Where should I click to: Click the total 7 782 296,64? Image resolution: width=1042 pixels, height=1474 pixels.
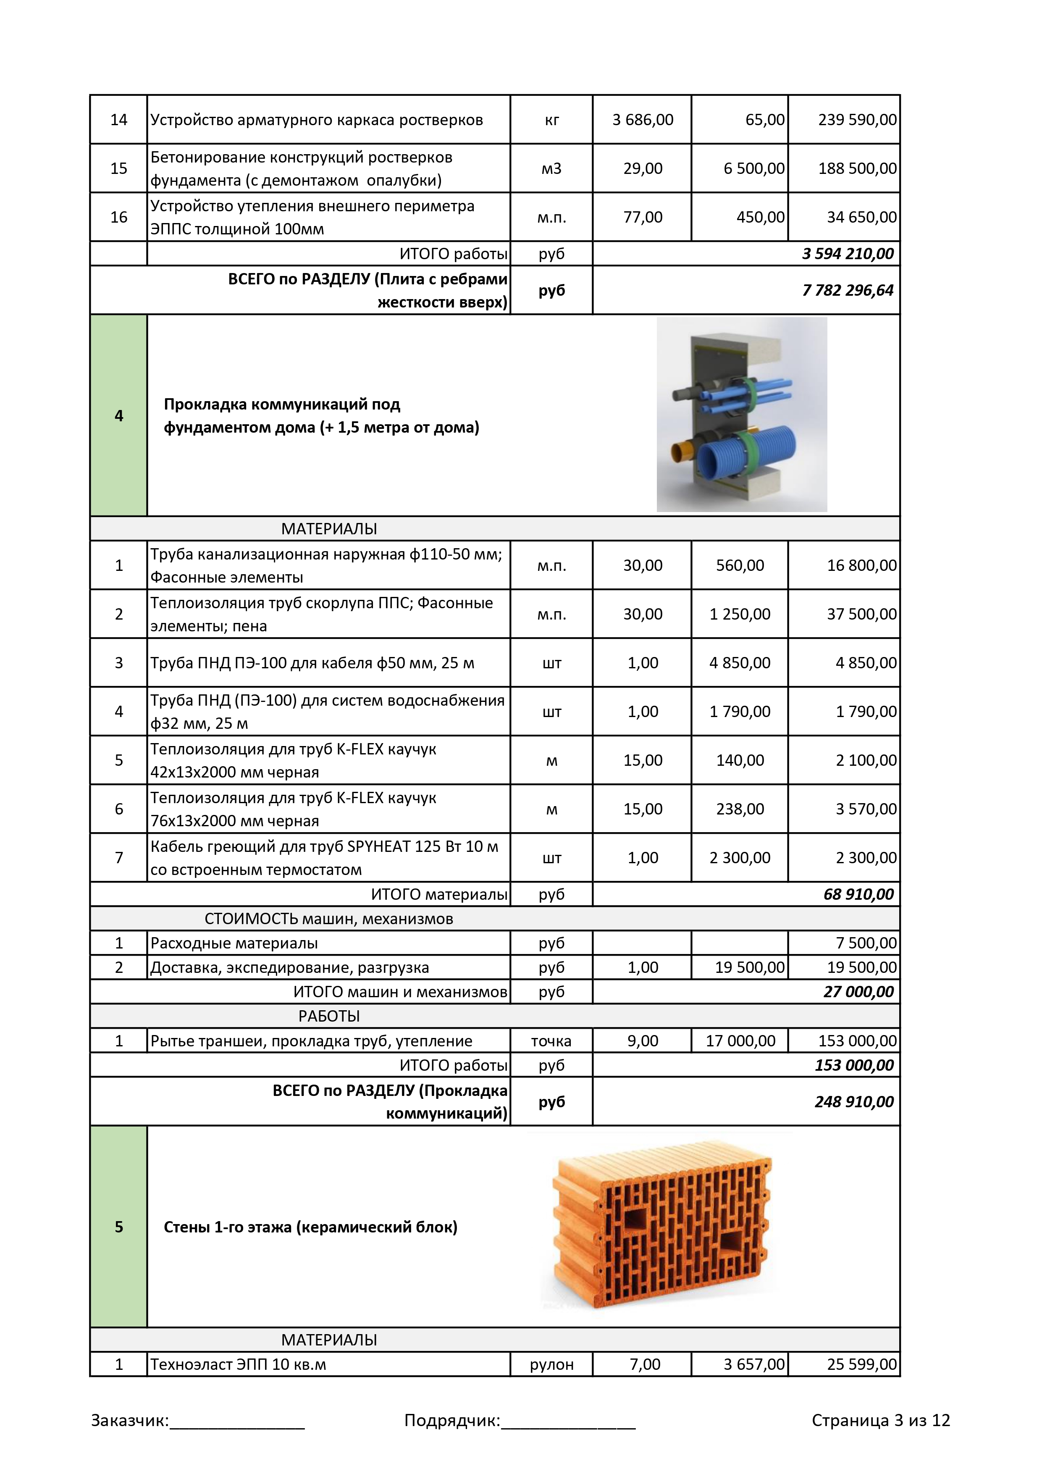coord(848,290)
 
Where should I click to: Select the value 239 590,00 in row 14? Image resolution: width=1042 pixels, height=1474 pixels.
coord(857,120)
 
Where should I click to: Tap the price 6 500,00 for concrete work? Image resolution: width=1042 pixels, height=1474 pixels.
coord(754,168)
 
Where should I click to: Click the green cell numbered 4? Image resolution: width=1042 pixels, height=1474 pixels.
coord(119,415)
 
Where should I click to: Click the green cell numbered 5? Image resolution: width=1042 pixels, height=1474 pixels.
coord(119,1227)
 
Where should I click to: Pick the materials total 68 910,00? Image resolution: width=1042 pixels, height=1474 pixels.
coord(858,894)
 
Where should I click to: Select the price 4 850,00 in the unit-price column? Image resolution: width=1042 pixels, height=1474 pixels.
coord(740,663)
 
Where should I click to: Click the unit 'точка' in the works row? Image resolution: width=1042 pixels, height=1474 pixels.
coord(551,1040)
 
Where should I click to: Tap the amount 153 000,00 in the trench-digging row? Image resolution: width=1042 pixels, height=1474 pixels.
coord(857,1040)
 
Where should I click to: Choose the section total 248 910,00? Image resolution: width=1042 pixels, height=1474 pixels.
coord(854,1102)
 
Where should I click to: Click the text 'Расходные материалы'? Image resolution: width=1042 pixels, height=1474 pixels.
coord(234,943)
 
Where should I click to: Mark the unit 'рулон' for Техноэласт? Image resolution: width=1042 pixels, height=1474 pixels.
coord(551,1364)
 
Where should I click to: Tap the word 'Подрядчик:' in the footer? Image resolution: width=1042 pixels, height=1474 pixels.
coord(452,1420)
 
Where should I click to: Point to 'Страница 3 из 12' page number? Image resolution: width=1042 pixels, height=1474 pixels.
coord(880,1420)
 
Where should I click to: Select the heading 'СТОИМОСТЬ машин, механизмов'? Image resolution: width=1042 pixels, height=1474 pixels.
coord(329,919)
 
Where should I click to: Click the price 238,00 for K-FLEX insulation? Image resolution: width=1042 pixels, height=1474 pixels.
coord(740,809)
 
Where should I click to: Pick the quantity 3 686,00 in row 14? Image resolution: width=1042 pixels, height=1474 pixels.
coord(643,120)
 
